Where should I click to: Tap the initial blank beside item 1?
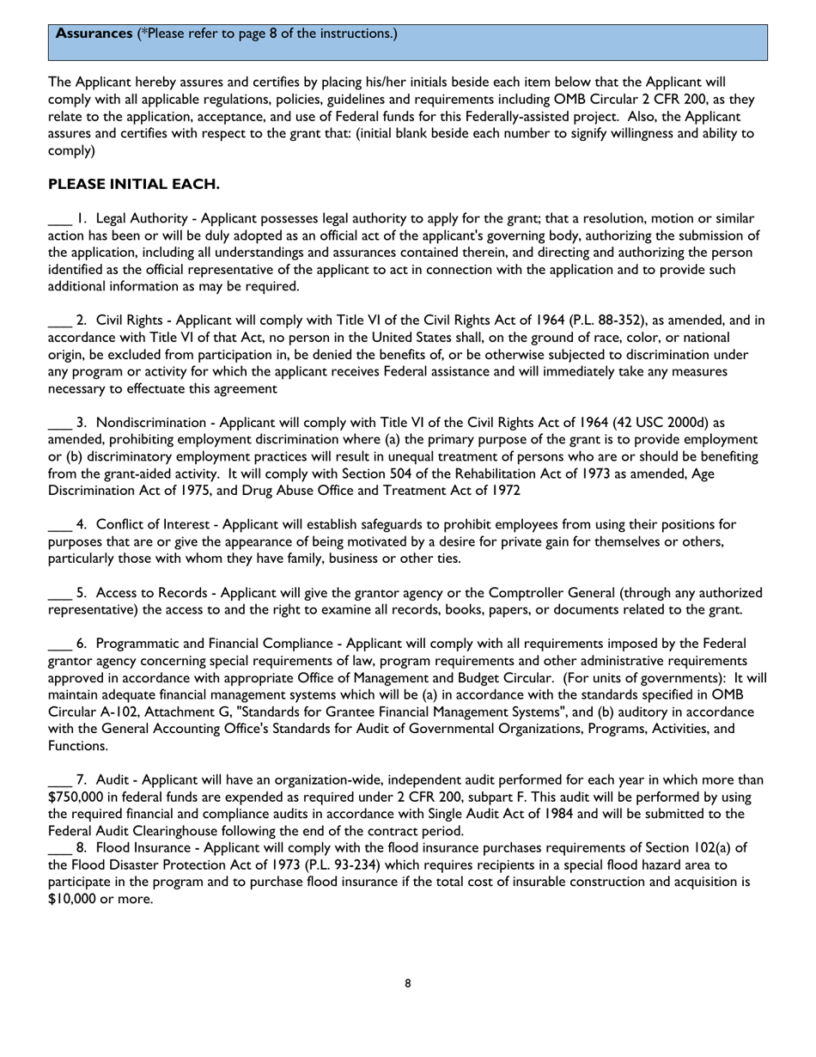pos(59,219)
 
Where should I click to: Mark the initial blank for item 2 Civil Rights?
pos(59,321)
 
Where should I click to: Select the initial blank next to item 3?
pos(59,423)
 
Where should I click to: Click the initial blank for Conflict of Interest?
pos(59,525)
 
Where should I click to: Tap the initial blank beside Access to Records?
pos(59,593)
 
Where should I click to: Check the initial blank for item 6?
pos(59,644)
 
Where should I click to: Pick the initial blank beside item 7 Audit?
pos(59,780)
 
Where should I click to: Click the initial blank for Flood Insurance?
pos(59,848)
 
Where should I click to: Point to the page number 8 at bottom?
pos(408,983)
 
